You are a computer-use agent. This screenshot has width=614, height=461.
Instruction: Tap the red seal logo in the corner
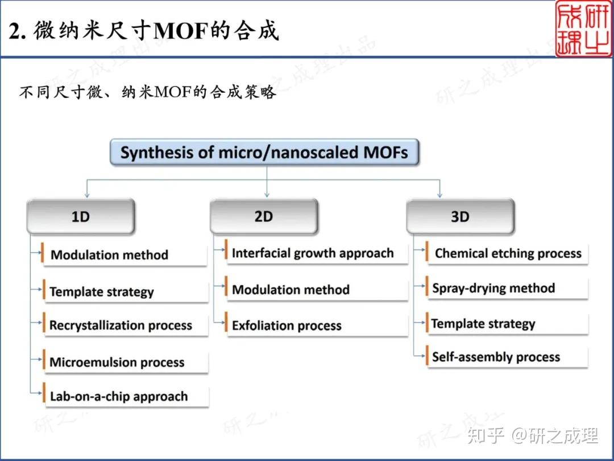pos(584,28)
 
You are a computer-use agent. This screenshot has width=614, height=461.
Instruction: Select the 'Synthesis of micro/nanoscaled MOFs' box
pos(264,153)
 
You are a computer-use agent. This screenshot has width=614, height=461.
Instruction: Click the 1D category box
pos(81,217)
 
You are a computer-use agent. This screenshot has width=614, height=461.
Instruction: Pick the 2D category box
pos(264,216)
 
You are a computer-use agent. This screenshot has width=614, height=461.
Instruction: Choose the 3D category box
pos(460,217)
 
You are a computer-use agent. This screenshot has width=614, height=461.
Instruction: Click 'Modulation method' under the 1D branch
pos(110,255)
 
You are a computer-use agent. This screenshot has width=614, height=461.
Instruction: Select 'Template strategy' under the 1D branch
pos(102,292)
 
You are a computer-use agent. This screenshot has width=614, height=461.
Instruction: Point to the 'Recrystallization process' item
pos(121,326)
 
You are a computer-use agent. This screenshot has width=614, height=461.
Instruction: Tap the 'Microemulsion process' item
pos(117,363)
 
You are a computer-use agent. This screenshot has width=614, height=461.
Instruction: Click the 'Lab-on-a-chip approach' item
pos(119,397)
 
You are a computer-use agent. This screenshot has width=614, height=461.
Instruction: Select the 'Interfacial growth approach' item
pos(313,253)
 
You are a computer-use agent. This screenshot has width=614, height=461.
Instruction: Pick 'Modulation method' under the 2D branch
pos(291,290)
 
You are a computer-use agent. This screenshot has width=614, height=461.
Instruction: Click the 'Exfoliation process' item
pos(287,326)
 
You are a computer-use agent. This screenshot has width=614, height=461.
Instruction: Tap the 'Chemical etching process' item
pos(508,254)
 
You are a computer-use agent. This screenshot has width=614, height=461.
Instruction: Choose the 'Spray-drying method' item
pos(493,288)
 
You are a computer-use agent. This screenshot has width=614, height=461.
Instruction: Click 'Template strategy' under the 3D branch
pos(483,324)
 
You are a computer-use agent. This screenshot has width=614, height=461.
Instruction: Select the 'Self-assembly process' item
pos(496,357)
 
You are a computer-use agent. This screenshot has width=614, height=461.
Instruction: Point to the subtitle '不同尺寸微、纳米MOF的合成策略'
pos(147,93)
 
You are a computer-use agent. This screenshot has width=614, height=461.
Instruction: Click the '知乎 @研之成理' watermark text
pos(532,436)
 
